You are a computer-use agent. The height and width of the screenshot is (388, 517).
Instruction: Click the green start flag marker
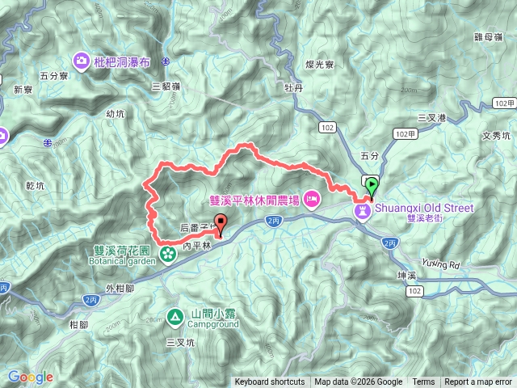click(371, 185)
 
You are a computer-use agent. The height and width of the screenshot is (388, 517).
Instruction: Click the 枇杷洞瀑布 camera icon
click(82, 61)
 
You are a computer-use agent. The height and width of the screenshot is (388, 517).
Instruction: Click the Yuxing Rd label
click(439, 264)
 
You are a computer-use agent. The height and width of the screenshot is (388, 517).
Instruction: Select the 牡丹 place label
click(293, 85)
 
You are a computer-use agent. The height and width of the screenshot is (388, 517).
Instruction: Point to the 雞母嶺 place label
click(490, 37)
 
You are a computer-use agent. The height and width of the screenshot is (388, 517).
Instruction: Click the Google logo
click(30, 377)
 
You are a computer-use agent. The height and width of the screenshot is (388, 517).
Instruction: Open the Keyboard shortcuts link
click(270, 382)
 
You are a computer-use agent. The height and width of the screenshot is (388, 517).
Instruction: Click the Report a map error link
click(479, 382)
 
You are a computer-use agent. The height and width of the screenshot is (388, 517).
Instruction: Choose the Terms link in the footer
click(423, 382)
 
